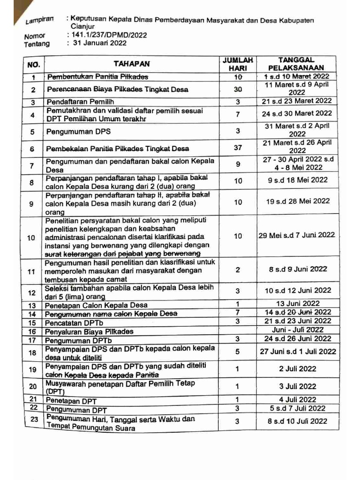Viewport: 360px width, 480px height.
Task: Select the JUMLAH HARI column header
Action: point(238,64)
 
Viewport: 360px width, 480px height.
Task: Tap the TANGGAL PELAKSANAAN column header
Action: point(296,64)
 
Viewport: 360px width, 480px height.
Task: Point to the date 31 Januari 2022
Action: point(97,43)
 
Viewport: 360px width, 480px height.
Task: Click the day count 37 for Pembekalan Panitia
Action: point(238,148)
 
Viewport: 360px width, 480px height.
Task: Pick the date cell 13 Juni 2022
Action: point(298,303)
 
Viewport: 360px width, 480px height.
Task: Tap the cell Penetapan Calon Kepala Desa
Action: point(96,305)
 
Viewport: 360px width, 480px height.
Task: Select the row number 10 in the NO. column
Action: point(32,237)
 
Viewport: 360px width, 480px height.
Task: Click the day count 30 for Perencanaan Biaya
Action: point(238,89)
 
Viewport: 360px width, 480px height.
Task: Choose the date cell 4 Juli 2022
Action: point(298,399)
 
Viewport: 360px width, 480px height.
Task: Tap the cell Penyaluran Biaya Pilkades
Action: point(89,331)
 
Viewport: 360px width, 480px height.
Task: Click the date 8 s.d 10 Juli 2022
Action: point(297,421)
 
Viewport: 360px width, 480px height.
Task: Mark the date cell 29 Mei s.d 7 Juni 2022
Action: point(297,235)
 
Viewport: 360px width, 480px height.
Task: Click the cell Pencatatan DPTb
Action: point(74,322)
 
